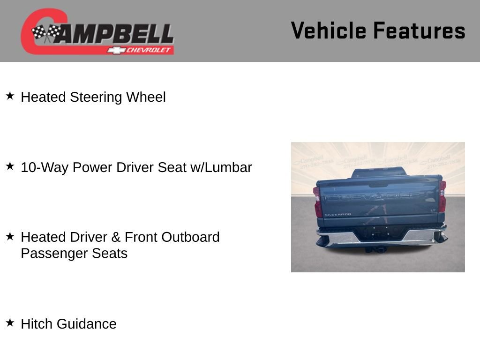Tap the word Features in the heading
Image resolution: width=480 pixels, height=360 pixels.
pos(419,30)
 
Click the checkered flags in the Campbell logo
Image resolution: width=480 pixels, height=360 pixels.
pos(46,33)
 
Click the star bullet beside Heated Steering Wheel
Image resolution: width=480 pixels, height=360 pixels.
pos(10,96)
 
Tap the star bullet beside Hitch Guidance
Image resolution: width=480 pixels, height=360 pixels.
pos(10,323)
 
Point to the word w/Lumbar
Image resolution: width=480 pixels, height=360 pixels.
pos(221,167)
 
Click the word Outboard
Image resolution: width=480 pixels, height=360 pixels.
pos(190,237)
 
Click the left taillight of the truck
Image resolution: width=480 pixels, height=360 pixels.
pos(318,202)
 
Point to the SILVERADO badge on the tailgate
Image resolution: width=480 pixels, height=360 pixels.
pos(337,214)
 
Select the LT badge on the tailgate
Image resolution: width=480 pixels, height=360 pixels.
pos(433,210)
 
